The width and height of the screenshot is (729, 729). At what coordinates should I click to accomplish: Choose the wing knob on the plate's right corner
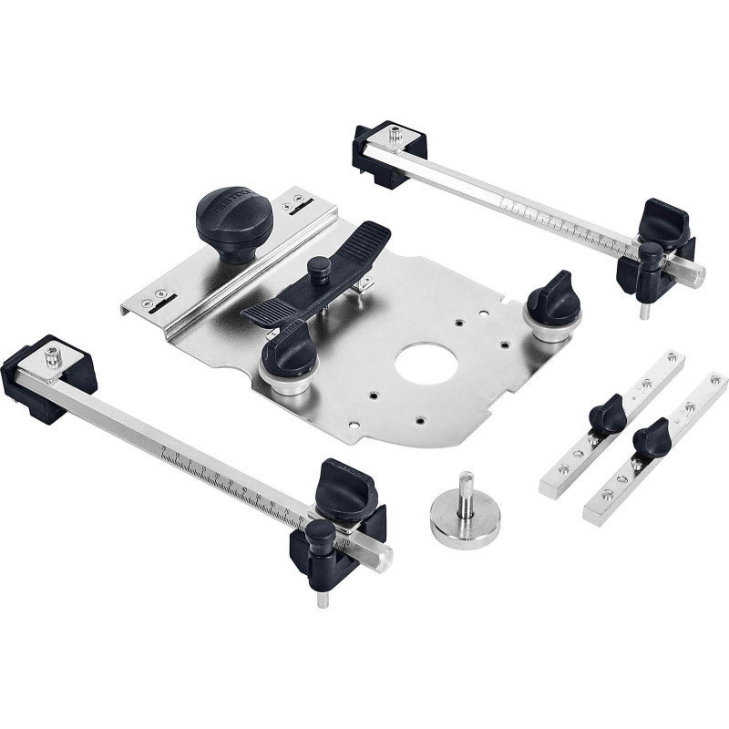(x=552, y=299)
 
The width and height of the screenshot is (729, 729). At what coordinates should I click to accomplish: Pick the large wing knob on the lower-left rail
(x=346, y=493)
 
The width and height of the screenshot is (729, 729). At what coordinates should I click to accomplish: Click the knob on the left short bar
(x=606, y=415)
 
